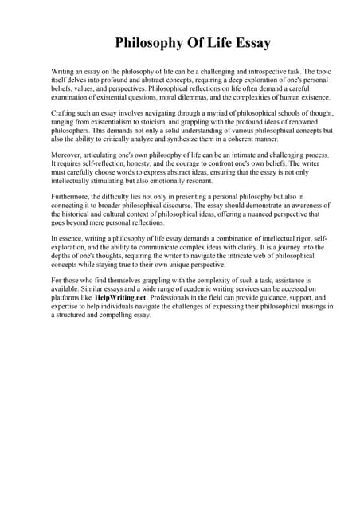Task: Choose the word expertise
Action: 67,304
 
